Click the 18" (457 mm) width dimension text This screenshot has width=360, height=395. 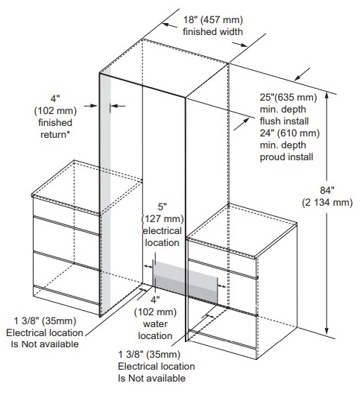pos(213,20)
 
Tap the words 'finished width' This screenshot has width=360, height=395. pos(213,32)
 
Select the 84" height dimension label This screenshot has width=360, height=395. pos(327,190)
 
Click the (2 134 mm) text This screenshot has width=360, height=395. pos(327,202)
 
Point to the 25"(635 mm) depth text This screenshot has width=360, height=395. pos(288,97)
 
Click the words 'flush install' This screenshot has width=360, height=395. pos(284,121)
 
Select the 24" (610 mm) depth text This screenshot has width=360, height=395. pos(290,133)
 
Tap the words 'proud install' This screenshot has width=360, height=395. pos(286,157)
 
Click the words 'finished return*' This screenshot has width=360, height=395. pos(55,128)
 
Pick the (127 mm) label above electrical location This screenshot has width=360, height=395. pos(162,218)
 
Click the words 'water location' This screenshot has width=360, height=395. pos(155,329)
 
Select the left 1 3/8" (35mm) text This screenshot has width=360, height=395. pos(45,321)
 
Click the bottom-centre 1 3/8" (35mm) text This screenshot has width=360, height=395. pos(149,355)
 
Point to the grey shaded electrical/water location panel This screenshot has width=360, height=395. pos(186,281)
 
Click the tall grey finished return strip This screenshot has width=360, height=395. pos(105,192)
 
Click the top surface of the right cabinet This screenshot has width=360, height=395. pos(241,230)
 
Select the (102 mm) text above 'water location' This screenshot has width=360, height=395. pos(155,312)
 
